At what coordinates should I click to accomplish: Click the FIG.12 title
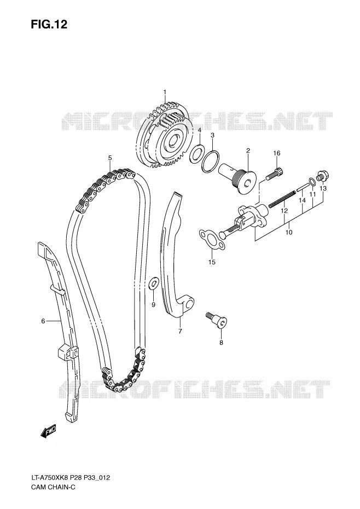coord(49,24)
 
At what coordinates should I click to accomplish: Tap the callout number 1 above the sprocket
coord(165,92)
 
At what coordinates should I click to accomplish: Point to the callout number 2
coord(248,151)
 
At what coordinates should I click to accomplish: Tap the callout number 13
coord(323,188)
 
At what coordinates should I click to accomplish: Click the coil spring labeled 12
coord(282,199)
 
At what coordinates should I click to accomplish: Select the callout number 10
coord(289,232)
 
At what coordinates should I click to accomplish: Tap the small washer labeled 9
coord(154,283)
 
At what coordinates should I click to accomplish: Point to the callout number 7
coord(180,331)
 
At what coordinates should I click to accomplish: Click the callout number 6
coord(43,321)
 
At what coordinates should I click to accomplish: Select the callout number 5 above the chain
coord(110,158)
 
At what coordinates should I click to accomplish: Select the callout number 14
coord(302,201)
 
